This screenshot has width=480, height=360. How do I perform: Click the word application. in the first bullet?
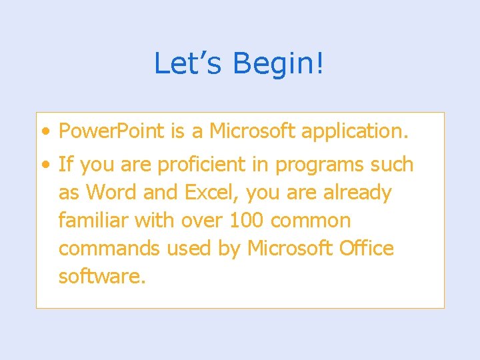pyautogui.click(x=355, y=131)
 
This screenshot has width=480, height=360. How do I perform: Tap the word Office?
pyautogui.click(x=366, y=249)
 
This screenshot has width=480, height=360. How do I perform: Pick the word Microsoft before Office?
pyautogui.click(x=289, y=249)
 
